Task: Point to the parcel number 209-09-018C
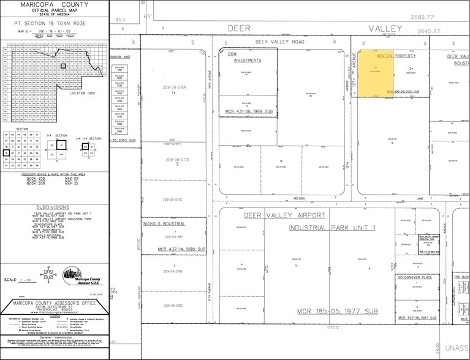174,305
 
